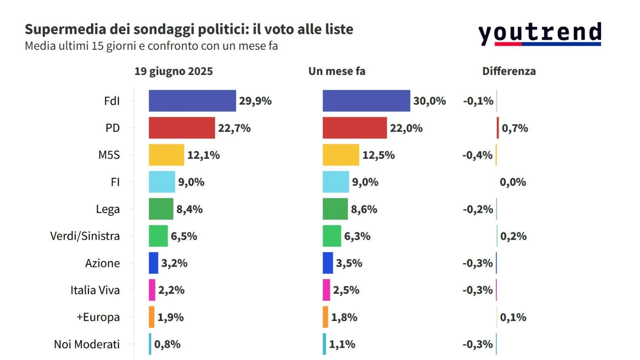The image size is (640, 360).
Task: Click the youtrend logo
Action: coord(539,34)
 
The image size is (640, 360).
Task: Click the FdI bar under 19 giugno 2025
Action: coord(192,101)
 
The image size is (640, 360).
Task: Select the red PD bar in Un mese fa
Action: coord(354,128)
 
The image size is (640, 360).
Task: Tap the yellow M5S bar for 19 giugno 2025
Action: coord(166,155)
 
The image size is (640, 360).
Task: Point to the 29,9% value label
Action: coord(255,101)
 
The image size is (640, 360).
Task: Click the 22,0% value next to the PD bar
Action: coord(406,128)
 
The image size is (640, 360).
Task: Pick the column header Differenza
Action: coord(508,71)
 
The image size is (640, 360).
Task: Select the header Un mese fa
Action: coord(336,71)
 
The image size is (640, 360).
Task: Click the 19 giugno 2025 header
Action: coord(173,71)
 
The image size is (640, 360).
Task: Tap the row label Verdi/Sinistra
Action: coord(85,236)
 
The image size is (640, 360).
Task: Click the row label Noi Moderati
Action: coord(86,344)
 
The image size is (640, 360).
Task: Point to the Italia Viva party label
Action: coord(95,290)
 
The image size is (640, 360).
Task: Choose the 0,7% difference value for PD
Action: coord(514,128)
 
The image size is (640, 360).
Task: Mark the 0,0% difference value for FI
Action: coord(512,182)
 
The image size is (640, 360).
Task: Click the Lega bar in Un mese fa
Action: coord(335,209)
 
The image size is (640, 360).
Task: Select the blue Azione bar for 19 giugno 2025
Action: coord(153,263)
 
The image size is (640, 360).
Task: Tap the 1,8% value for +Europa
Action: coord(344,317)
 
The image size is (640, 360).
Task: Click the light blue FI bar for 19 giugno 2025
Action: coord(162,182)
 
